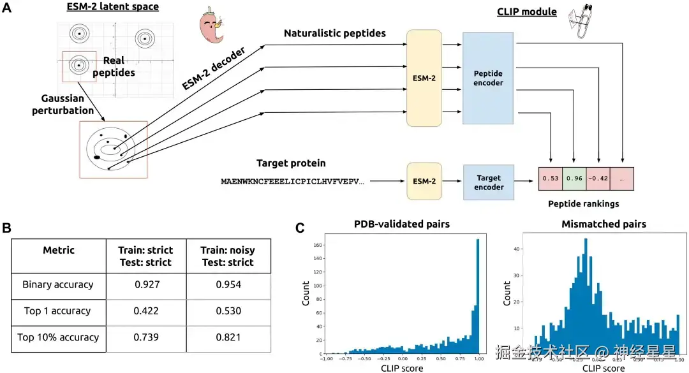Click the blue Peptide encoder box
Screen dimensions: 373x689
point(488,78)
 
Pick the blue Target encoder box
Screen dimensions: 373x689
point(488,183)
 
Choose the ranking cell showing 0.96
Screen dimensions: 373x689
point(574,178)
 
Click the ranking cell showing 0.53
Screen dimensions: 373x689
point(550,178)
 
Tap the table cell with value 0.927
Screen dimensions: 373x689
point(145,284)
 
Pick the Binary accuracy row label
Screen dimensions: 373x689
point(58,284)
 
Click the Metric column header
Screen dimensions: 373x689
point(58,250)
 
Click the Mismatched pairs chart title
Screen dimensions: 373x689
point(604,224)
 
